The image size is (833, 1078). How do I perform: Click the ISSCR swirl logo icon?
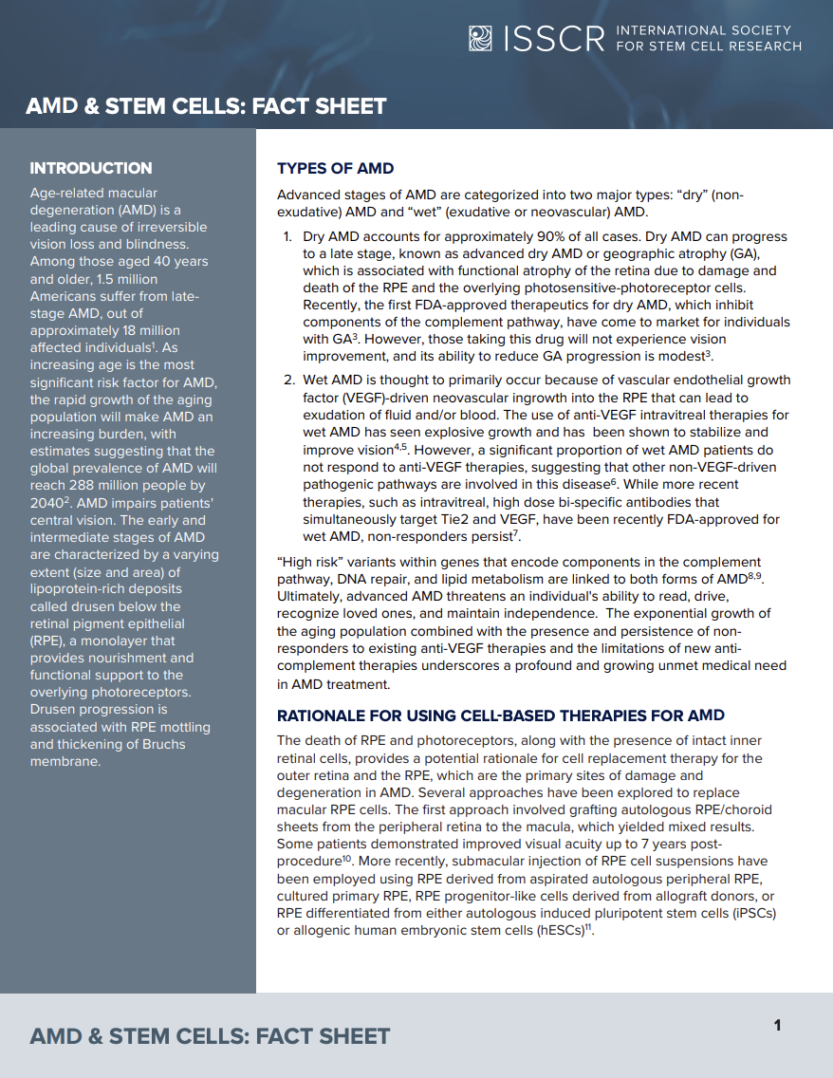click(x=481, y=38)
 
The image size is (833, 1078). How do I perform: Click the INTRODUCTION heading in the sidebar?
click(x=91, y=168)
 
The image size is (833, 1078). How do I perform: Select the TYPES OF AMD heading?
click(x=335, y=169)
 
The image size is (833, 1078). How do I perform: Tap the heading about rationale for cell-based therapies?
click(x=500, y=716)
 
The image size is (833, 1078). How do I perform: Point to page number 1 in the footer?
click(x=777, y=1025)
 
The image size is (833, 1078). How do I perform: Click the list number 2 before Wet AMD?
click(x=288, y=381)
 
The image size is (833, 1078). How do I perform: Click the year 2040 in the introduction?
click(x=47, y=503)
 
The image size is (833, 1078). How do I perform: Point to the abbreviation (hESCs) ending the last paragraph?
click(x=557, y=930)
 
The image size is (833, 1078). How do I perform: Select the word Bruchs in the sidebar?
click(x=160, y=744)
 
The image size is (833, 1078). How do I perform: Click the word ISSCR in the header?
click(x=555, y=39)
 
